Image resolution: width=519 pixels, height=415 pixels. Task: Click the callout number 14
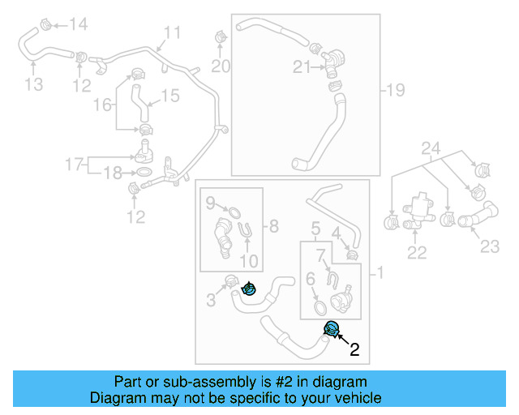(x=78, y=24)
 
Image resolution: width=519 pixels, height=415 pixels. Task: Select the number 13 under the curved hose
(x=32, y=84)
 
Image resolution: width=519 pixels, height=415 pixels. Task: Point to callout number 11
(x=172, y=33)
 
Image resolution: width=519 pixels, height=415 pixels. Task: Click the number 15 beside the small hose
(x=168, y=96)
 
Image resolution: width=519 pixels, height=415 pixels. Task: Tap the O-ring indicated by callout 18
(x=142, y=173)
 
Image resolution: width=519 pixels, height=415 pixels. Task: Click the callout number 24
(x=431, y=148)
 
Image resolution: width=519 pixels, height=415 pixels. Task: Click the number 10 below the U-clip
(x=249, y=261)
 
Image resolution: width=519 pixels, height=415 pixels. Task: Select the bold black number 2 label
(x=354, y=351)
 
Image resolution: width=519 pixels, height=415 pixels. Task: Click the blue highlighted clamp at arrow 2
(x=332, y=328)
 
